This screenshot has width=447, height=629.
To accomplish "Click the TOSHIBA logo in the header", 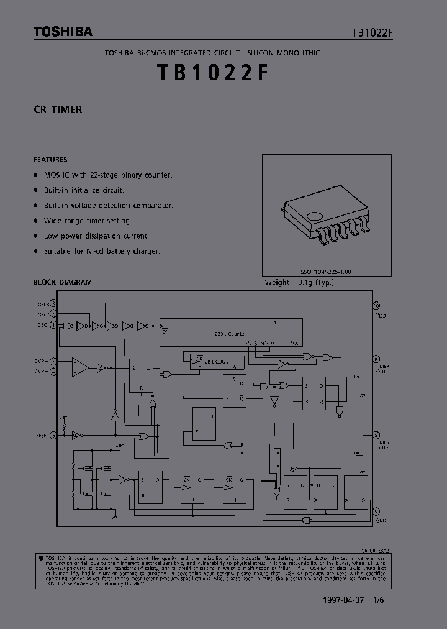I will click(x=63, y=31).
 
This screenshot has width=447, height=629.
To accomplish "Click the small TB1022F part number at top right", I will click(x=372, y=34).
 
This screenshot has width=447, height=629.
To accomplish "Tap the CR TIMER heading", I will click(x=58, y=109).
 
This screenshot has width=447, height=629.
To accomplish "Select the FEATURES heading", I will click(x=50, y=159).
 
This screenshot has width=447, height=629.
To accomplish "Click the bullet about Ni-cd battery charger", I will click(x=102, y=251).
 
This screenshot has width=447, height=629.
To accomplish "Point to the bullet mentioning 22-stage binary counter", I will click(x=108, y=175).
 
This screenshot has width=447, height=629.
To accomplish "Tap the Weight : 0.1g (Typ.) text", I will click(x=299, y=282).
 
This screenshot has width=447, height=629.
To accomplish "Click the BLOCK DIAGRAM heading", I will click(x=62, y=282).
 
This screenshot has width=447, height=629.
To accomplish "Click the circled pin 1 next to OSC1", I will click(x=53, y=325).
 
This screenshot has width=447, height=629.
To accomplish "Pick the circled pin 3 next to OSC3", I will click(x=53, y=303).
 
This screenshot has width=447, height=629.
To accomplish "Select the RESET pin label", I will click(x=42, y=436).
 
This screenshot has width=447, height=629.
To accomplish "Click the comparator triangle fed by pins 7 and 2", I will click(x=79, y=367).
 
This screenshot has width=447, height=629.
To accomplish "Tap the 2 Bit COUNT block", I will click(x=214, y=360).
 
